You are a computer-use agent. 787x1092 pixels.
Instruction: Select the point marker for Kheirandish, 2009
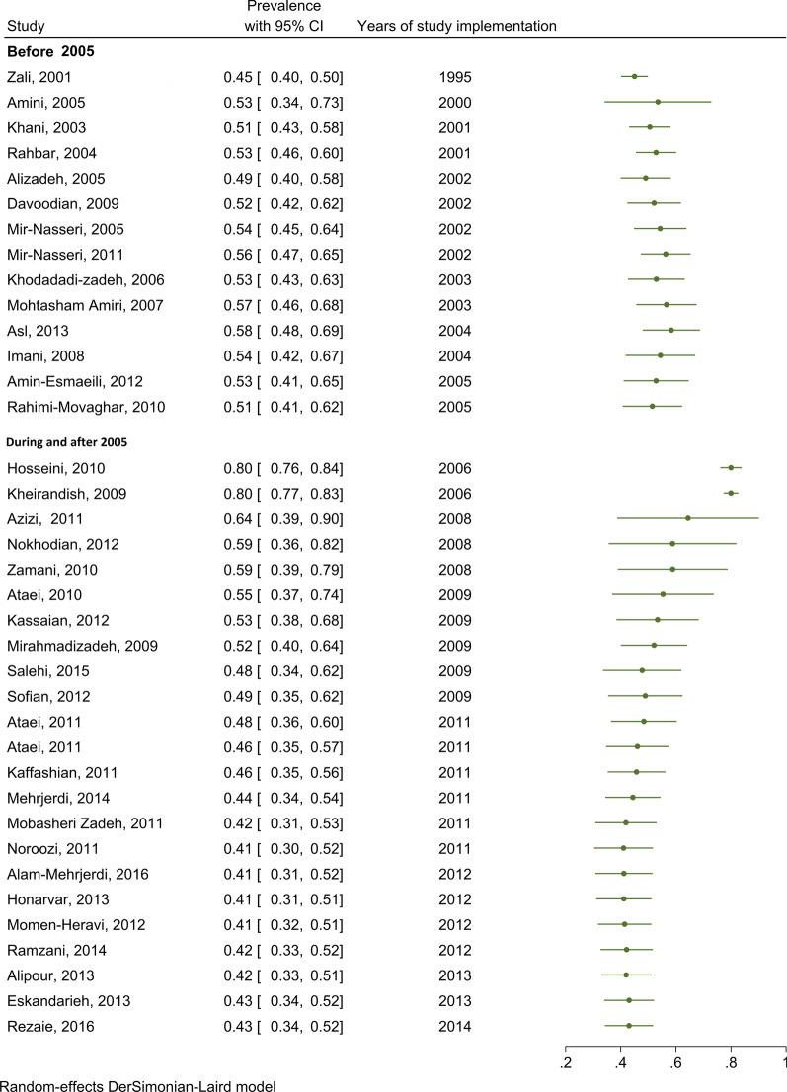click(x=731, y=493)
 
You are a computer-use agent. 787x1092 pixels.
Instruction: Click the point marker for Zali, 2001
click(x=635, y=76)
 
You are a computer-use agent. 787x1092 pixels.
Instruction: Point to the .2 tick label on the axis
click(x=566, y=1062)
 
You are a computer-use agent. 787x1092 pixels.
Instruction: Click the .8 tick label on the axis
click(x=731, y=1062)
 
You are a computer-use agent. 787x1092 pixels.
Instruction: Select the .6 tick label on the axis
click(x=675, y=1062)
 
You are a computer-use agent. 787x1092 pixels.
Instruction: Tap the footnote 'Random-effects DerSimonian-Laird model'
click(x=138, y=1084)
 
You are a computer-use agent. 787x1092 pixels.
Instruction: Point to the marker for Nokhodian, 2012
click(x=672, y=544)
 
